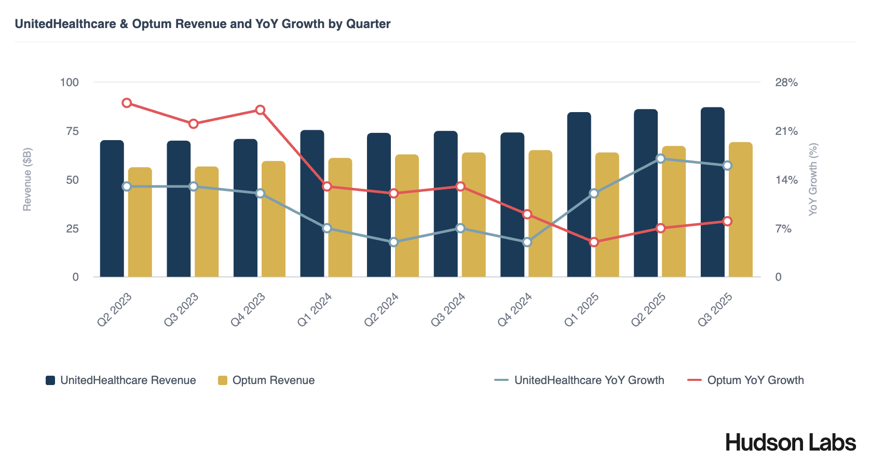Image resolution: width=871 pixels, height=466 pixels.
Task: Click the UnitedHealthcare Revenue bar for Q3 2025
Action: [x=712, y=192]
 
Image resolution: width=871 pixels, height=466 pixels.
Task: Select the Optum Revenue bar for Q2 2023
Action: [x=140, y=222]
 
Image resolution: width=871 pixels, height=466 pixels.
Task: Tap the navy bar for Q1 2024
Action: [x=312, y=203]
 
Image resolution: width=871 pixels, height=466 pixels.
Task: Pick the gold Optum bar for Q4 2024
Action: [x=540, y=213]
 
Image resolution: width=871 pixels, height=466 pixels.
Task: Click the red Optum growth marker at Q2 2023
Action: [x=127, y=103]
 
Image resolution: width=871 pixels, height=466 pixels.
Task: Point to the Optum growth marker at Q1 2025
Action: [x=594, y=242]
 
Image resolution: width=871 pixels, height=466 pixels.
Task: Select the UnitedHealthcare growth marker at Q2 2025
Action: [x=661, y=159]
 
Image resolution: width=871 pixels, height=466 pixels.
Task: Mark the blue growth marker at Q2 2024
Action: [x=394, y=242]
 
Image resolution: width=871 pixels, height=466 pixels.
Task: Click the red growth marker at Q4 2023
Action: [x=261, y=110]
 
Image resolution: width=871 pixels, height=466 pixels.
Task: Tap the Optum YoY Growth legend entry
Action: [x=745, y=380]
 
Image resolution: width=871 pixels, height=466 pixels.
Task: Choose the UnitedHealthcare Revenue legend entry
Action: [x=121, y=380]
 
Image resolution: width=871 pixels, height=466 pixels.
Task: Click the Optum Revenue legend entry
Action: [x=266, y=380]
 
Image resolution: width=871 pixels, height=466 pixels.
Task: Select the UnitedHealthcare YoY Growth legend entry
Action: [x=579, y=380]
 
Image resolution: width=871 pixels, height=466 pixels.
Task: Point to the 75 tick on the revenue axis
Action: [x=72, y=131]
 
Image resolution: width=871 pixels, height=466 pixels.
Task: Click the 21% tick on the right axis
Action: [x=786, y=131]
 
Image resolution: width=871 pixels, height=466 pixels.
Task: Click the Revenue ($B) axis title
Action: [x=27, y=180]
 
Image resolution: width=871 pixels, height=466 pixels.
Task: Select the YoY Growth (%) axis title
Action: [x=813, y=180]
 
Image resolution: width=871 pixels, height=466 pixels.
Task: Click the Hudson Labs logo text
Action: [x=791, y=443]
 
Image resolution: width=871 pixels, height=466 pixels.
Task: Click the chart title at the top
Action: [x=202, y=24]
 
